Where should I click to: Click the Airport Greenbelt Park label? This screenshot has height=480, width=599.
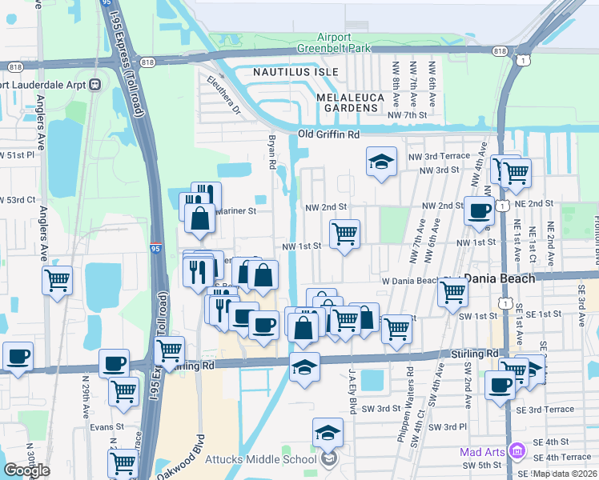345,42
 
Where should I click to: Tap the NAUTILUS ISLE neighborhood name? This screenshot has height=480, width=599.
292,72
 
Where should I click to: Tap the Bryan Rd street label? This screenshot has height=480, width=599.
271,153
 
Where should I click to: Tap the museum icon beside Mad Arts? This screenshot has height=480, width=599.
517,452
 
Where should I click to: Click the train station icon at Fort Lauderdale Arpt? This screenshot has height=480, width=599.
94,84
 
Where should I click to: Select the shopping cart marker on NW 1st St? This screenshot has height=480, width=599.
344,234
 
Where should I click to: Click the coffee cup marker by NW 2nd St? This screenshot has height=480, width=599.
479,211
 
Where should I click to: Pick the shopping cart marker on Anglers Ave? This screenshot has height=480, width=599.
57,281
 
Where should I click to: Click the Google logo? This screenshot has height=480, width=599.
27,470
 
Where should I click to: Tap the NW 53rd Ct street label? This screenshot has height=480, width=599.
16,199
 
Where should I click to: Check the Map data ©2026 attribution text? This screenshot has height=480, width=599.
565,474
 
